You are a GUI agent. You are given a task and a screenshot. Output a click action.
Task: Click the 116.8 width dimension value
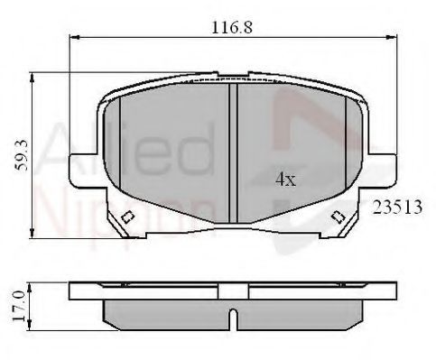pos(232,27)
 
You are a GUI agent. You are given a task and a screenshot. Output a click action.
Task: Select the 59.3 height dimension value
pos(22,155)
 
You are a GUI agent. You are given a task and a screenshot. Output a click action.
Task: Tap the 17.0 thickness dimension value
pos(19,306)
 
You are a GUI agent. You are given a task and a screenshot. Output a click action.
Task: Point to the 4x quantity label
pos(285,180)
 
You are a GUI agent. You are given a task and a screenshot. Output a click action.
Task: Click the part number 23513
pos(397,208)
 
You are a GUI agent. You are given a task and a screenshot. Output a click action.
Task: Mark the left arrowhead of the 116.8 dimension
pos(74,37)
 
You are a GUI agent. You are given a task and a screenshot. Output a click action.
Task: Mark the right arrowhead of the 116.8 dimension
pos(392,37)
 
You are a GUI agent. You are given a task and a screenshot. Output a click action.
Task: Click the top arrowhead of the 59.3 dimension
pos(32,78)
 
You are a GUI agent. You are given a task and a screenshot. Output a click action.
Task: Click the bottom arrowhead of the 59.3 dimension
pos(32,234)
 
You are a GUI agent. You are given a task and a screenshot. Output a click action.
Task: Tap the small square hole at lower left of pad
pos(127,217)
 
